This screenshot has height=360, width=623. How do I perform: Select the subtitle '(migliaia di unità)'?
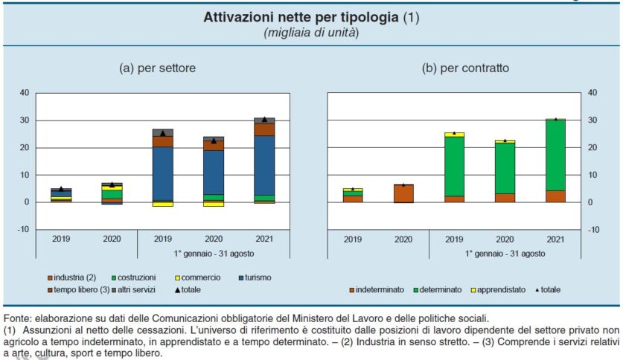click(x=311, y=33)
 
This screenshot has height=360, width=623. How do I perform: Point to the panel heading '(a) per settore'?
click(x=158, y=68)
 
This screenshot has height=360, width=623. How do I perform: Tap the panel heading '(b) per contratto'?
click(x=465, y=68)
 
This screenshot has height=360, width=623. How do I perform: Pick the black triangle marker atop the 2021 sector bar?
click(x=264, y=119)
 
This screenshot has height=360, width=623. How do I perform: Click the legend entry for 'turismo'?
click(x=256, y=277)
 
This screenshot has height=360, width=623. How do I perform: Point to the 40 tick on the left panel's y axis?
click(x=24, y=93)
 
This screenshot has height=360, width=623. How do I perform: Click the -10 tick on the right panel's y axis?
click(x=592, y=230)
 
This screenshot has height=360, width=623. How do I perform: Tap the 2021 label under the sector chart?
click(x=264, y=240)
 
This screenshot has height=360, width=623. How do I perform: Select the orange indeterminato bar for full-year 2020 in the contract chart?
click(x=403, y=193)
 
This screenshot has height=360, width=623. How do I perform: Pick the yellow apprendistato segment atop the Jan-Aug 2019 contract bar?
click(x=454, y=135)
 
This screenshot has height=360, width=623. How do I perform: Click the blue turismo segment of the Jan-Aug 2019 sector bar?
click(x=163, y=174)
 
